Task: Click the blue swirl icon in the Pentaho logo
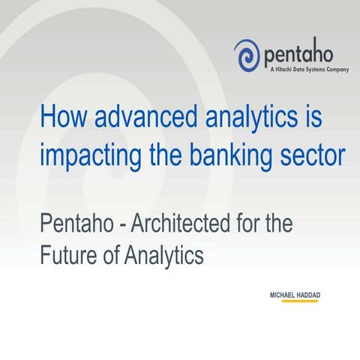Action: (247, 55)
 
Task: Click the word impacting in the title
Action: (88, 157)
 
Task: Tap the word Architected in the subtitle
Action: (180, 223)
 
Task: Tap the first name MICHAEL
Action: (284, 295)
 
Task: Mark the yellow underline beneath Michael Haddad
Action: (294, 301)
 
